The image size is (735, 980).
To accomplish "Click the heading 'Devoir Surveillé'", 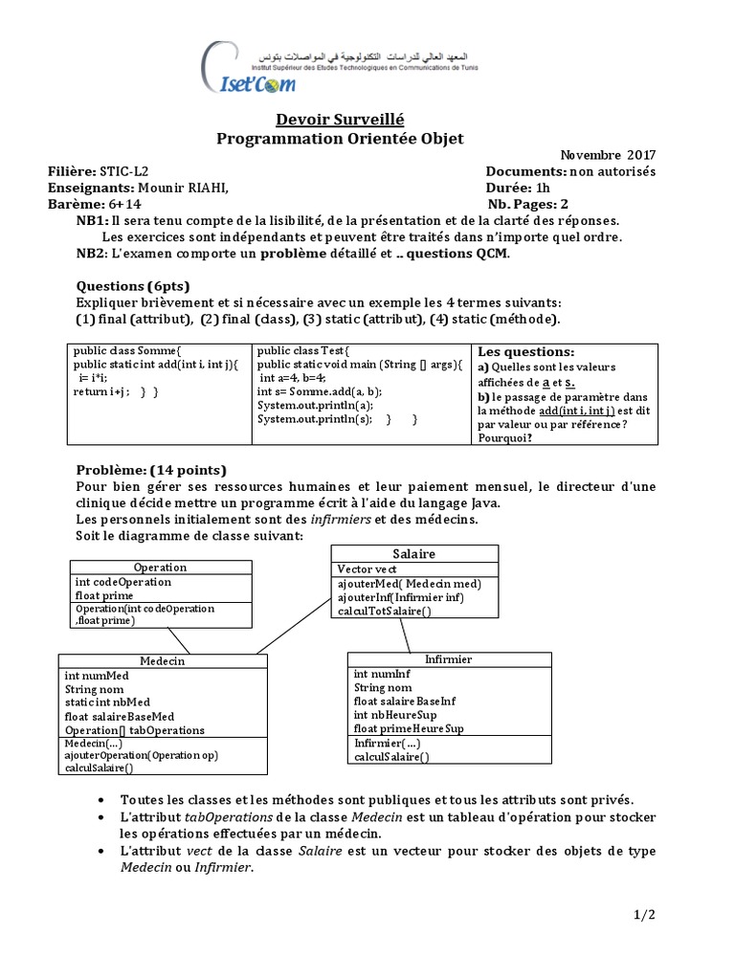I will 340,119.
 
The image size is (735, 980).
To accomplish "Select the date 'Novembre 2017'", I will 608,155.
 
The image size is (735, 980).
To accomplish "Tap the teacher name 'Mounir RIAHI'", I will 183,188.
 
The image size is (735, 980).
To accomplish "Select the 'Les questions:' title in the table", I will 525,352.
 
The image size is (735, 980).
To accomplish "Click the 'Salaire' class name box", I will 413,554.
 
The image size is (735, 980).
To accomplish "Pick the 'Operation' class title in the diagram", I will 160,568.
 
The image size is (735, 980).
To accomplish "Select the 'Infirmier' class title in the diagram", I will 448,659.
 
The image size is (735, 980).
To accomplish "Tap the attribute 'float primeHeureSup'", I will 409,728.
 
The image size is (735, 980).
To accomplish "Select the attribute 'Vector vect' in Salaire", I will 367,568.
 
